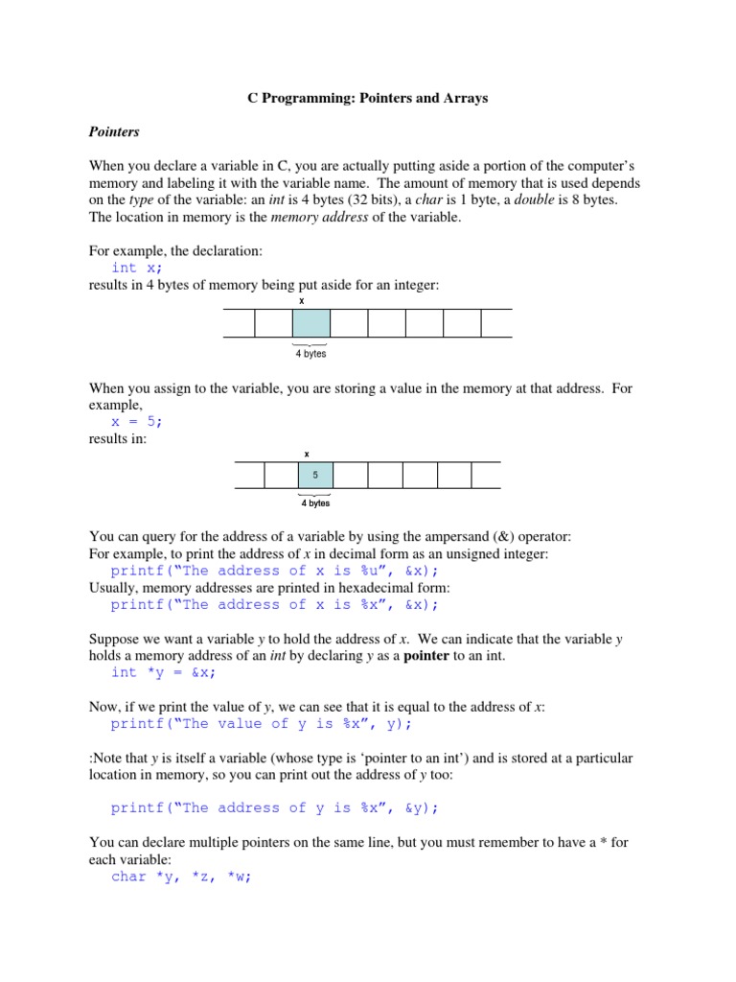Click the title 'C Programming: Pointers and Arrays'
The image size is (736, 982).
click(x=361, y=99)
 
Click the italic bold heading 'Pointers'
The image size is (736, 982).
click(x=114, y=131)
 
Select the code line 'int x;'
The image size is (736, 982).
click(x=137, y=268)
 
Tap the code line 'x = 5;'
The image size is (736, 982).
click(x=137, y=421)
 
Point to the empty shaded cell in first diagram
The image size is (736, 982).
click(x=310, y=323)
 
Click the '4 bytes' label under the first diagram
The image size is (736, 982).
click(x=310, y=354)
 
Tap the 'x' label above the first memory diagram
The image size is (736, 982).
click(x=302, y=300)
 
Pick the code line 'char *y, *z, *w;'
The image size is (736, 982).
click(x=181, y=877)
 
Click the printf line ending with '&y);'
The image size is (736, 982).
click(x=274, y=807)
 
